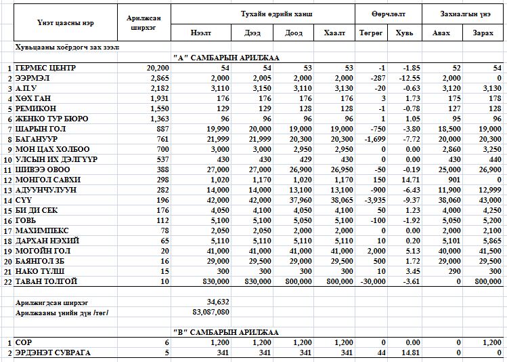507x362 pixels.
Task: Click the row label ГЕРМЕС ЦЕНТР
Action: click(45, 68)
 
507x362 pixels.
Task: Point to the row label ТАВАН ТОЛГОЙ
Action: click(46, 281)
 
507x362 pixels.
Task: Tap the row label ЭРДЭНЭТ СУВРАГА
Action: click(53, 353)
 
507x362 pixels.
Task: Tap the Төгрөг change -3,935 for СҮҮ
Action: click(372, 200)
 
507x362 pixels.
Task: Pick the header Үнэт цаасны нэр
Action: click(60, 23)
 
